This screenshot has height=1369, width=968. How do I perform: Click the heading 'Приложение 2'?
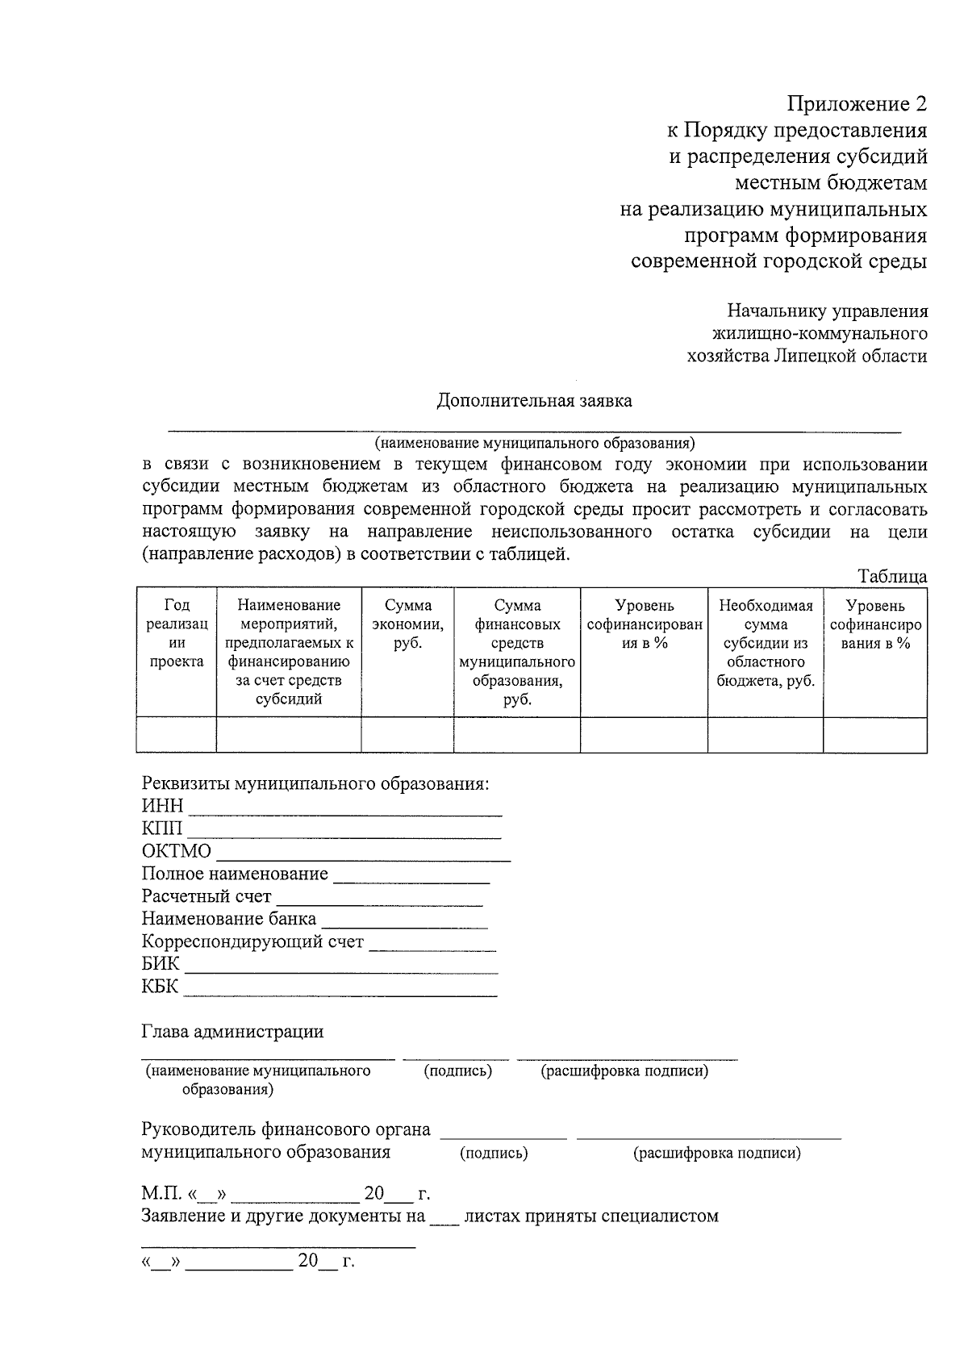click(x=857, y=104)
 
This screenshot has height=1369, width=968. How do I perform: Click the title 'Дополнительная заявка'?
click(x=534, y=401)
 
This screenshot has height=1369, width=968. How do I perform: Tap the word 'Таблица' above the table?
click(x=892, y=577)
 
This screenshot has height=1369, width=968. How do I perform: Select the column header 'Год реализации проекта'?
click(x=176, y=634)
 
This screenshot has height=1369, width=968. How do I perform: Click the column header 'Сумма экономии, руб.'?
click(x=407, y=624)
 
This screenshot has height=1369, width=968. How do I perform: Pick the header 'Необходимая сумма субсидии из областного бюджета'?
click(x=766, y=643)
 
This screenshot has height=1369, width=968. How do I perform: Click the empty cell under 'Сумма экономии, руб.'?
click(x=407, y=735)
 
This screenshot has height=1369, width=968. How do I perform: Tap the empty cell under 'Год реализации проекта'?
click(x=176, y=735)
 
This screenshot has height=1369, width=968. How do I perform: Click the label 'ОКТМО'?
click(x=177, y=852)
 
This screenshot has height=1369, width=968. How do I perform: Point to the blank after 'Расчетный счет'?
click(x=379, y=899)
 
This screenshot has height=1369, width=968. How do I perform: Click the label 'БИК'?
click(x=161, y=965)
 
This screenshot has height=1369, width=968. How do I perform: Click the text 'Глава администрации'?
click(x=232, y=1031)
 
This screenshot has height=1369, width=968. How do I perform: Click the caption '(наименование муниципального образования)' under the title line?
click(x=534, y=443)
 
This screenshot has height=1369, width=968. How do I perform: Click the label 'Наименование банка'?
click(x=229, y=919)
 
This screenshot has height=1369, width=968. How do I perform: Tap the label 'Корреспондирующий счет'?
click(x=252, y=941)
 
